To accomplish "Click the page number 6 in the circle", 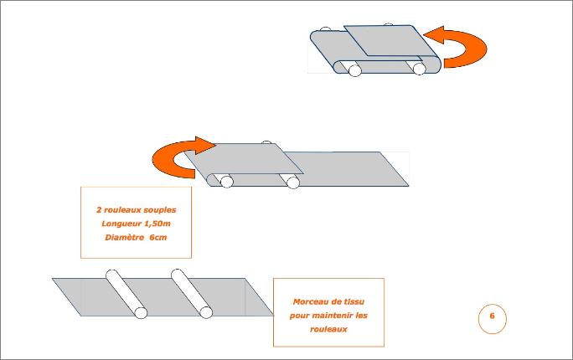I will (492, 316).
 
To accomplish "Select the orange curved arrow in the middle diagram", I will (172, 160).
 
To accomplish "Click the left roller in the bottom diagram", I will (126, 293).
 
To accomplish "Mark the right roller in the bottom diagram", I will (191, 293).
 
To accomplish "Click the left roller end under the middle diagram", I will (226, 181).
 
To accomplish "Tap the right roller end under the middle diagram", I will (293, 182).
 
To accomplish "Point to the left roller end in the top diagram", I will (354, 70).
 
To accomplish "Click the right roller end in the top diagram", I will (420, 69).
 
